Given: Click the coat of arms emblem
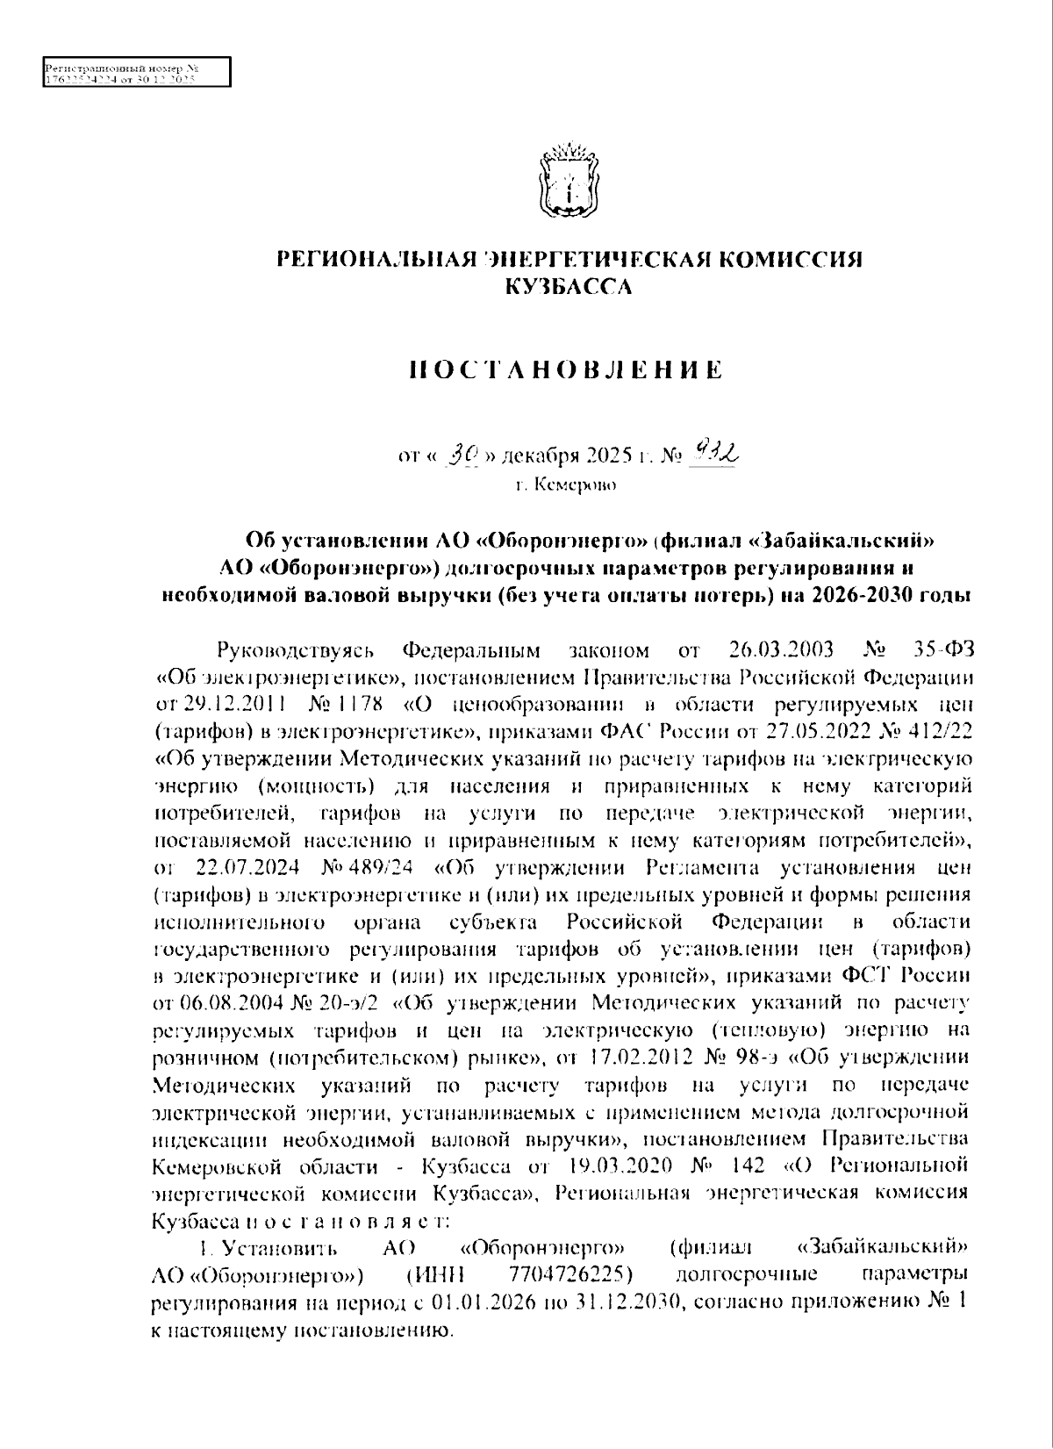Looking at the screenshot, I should pos(569,182).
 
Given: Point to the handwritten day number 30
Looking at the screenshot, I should pos(461,454).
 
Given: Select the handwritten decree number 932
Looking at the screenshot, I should pos(713,452).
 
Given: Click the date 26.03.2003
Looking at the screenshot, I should pos(781,650).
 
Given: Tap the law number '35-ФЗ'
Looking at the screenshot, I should pos(942,650).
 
